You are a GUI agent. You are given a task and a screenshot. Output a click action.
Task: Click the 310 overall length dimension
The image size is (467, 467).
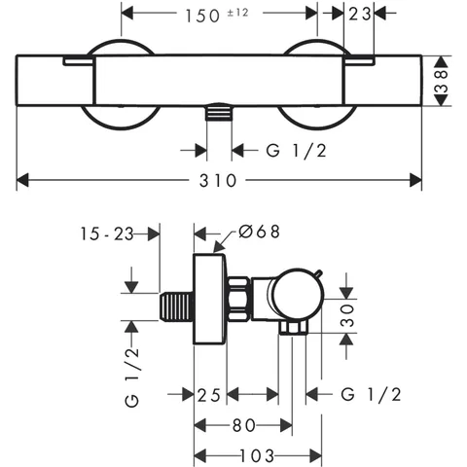click(218, 181)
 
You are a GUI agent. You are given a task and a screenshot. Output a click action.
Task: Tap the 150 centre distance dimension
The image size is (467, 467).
click(202, 16)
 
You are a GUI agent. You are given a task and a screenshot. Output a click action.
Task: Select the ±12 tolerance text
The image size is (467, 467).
click(237, 13)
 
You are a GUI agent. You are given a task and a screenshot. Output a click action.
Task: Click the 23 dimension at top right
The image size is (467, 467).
click(360, 14)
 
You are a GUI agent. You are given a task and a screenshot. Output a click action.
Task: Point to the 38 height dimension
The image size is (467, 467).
click(442, 81)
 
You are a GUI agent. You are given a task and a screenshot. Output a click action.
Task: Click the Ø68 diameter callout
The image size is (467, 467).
click(259, 232)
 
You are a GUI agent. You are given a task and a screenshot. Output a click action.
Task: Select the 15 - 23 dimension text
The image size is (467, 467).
click(107, 233)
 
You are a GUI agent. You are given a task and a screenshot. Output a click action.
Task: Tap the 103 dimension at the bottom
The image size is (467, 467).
click(257, 456)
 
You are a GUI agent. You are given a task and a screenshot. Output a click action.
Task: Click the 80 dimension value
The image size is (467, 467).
click(244, 425)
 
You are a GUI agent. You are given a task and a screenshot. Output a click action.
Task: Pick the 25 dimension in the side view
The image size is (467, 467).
click(209, 395)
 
